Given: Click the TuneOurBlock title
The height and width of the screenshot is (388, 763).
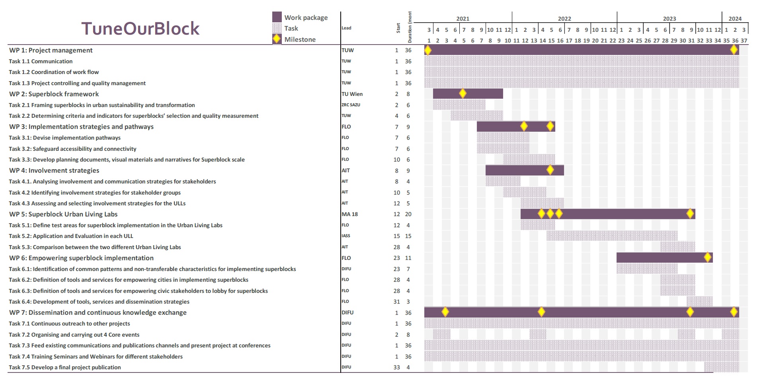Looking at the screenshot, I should pyautogui.click(x=140, y=29).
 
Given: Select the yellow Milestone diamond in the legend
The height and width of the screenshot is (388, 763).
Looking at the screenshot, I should pyautogui.click(x=277, y=39).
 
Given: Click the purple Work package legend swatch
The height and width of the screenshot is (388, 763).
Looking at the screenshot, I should pyautogui.click(x=277, y=17).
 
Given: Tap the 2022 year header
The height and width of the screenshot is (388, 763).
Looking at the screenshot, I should pyautogui.click(x=564, y=18).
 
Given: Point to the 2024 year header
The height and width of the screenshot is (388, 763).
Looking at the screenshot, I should pyautogui.click(x=735, y=18).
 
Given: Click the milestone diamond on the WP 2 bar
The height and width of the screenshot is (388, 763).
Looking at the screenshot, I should pyautogui.click(x=462, y=94).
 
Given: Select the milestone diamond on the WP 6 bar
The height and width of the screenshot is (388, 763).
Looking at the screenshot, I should pyautogui.click(x=707, y=257).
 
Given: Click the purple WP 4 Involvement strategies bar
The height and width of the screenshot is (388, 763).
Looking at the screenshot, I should pyautogui.click(x=517, y=170).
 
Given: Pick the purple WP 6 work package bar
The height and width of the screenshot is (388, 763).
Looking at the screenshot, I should pyautogui.click(x=657, y=257).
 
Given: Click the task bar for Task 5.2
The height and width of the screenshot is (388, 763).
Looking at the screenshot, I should pyautogui.click(x=612, y=236).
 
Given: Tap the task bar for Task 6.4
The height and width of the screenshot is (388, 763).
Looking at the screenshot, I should pyautogui.click(x=699, y=301).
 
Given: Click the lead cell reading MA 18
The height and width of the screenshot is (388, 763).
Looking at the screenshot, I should pyautogui.click(x=349, y=214).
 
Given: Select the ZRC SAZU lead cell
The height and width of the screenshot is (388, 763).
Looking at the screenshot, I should pyautogui.click(x=351, y=105).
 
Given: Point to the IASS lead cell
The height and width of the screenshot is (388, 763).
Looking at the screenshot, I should pyautogui.click(x=345, y=236).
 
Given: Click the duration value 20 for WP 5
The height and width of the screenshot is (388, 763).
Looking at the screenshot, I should pyautogui.click(x=408, y=214).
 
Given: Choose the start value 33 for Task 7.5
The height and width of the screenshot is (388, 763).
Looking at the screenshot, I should pyautogui.click(x=396, y=367).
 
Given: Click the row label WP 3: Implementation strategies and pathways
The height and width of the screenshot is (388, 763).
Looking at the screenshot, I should pyautogui.click(x=81, y=127).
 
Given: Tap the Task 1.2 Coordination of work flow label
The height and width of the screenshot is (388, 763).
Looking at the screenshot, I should pyautogui.click(x=54, y=72).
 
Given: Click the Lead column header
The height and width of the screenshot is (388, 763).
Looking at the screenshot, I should pyautogui.click(x=346, y=28).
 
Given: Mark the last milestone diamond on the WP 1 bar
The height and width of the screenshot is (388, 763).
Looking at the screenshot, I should pyautogui.click(x=734, y=50).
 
